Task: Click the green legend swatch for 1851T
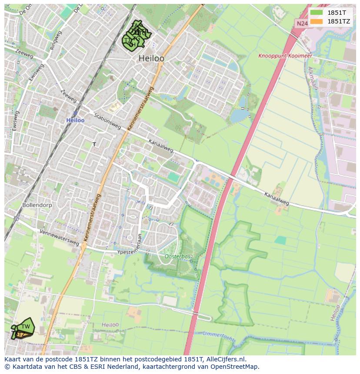(317, 12)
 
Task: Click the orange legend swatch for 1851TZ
(317, 21)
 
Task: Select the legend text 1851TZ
(339, 21)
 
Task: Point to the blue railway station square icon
(75, 113)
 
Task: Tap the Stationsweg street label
(107, 122)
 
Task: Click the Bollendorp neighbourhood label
(37, 204)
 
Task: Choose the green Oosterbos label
(178, 256)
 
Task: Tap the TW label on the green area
(26, 327)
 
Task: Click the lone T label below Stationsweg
(94, 144)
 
